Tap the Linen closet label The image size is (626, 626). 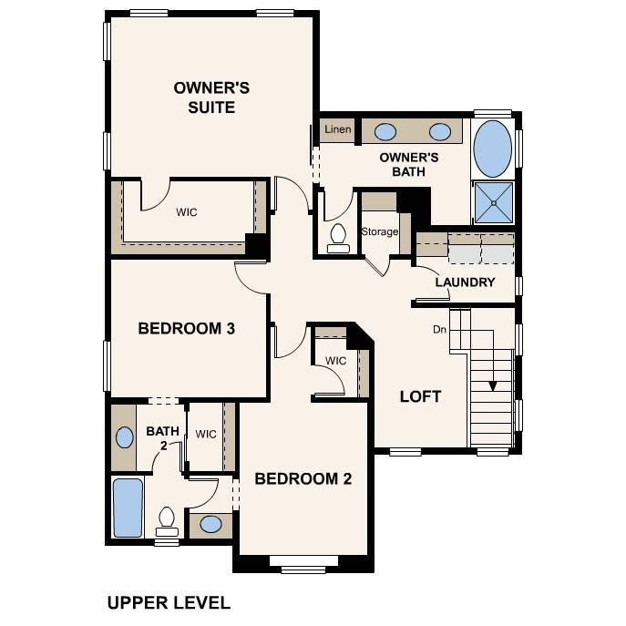(x=337, y=130)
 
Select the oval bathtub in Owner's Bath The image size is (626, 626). (x=493, y=149)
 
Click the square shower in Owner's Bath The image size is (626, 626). (x=493, y=202)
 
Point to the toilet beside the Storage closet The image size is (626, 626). (x=338, y=237)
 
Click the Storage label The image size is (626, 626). (x=379, y=231)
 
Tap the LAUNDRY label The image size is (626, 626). (x=465, y=282)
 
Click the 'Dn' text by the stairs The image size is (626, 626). (x=439, y=329)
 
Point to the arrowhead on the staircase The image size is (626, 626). (x=493, y=385)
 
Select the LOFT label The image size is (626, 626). (x=420, y=396)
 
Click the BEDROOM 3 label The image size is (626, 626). (x=187, y=328)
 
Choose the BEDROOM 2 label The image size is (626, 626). (x=303, y=478)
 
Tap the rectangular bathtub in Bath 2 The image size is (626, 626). (x=128, y=508)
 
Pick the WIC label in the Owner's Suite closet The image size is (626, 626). (x=187, y=212)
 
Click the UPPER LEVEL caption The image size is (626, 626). (x=169, y=602)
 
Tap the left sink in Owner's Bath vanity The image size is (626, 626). (x=385, y=131)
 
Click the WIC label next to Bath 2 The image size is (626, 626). (x=206, y=434)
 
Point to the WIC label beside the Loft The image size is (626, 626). (x=336, y=361)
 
